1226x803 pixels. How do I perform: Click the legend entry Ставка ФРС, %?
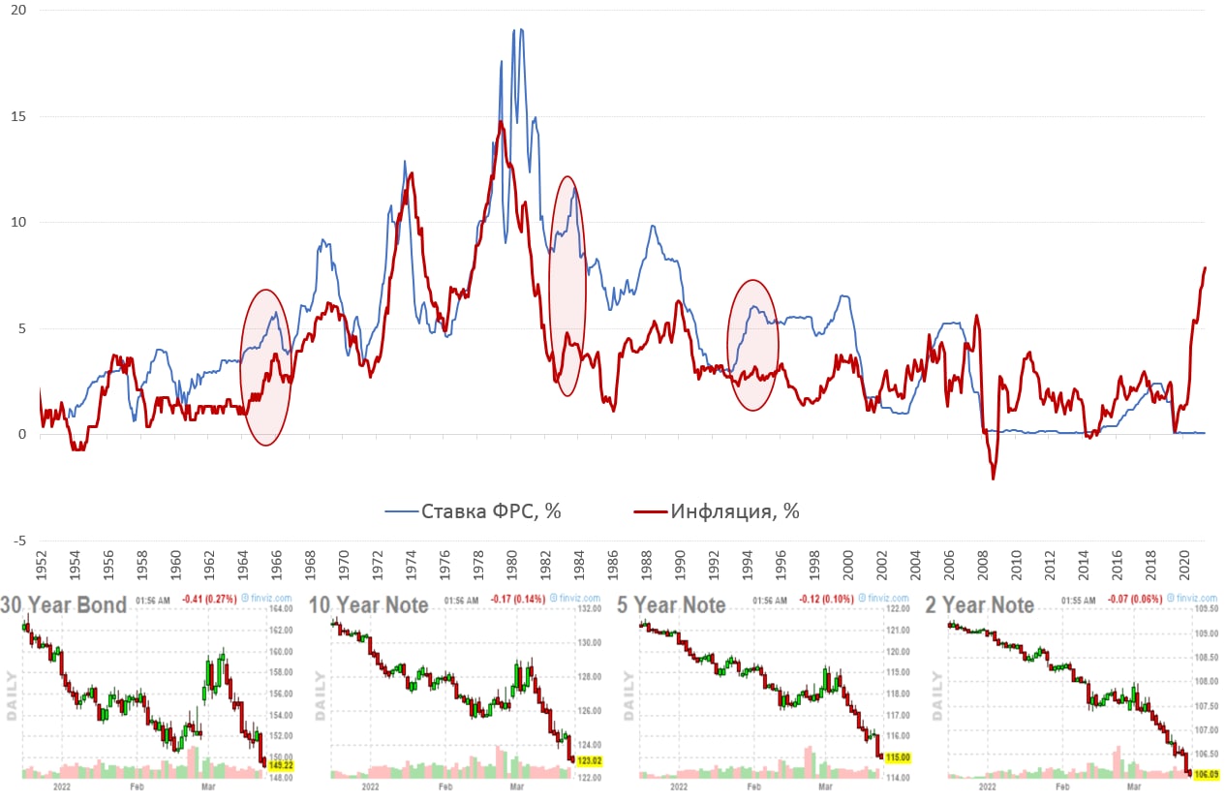coord(491,510)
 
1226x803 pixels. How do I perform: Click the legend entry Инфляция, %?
coord(735,510)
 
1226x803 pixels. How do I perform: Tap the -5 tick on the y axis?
coord(18,540)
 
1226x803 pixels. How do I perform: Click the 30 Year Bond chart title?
coord(77,605)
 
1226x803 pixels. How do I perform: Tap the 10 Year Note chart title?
coord(368,605)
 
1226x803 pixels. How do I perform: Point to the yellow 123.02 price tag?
coord(589,760)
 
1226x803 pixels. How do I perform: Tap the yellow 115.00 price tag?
coord(898,757)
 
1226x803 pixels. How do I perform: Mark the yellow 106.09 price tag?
coord(1206,772)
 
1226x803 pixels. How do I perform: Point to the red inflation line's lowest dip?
coord(993,478)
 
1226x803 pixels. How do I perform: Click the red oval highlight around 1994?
coord(752,345)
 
